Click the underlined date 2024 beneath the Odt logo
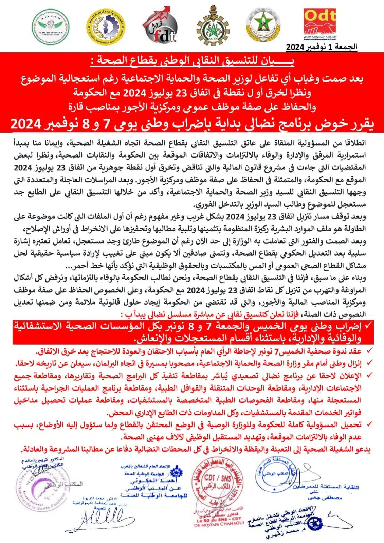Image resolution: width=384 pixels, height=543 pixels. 294,47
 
